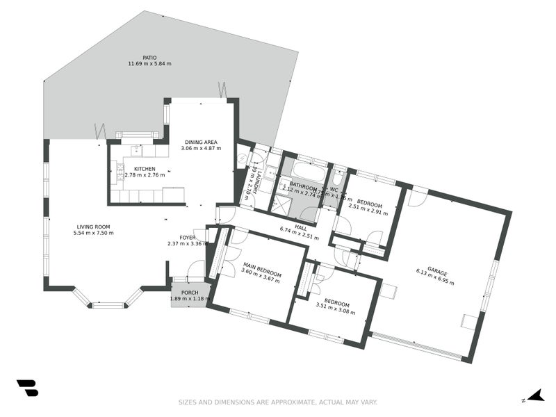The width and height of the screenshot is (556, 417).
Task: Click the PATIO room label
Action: pos(149,57)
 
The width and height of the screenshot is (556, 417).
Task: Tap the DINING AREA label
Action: pos(201,142)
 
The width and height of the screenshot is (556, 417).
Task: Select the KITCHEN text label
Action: pos(144,168)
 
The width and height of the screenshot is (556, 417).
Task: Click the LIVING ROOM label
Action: pos(93,227)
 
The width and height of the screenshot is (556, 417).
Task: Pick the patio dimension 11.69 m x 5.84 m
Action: pos(149,64)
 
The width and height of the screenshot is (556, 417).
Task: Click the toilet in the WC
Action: pos(340,175)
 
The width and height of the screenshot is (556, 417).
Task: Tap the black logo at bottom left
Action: pos(27,388)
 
